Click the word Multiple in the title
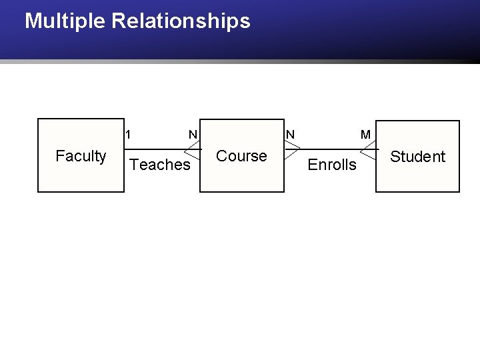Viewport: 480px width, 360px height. click(65, 21)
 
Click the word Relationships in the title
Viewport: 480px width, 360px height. click(181, 21)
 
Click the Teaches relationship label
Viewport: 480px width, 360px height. click(160, 165)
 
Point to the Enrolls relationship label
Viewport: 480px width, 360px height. click(332, 165)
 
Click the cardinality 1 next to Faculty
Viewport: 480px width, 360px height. click(128, 135)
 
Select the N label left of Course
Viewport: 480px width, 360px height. click(193, 135)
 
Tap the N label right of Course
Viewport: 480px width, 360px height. click(290, 135)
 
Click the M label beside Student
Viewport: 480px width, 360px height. click(365, 135)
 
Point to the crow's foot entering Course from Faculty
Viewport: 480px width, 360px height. click(192, 150)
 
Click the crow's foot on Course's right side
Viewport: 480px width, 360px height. click(293, 149)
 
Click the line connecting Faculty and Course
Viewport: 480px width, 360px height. click(162, 149)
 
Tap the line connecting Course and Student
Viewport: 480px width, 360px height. click(332, 149)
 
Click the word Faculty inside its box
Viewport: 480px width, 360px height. click(81, 156)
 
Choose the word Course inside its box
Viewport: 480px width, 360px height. click(241, 156)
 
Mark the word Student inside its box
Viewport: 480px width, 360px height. click(417, 157)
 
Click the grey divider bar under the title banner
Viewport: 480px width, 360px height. click(240, 61)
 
